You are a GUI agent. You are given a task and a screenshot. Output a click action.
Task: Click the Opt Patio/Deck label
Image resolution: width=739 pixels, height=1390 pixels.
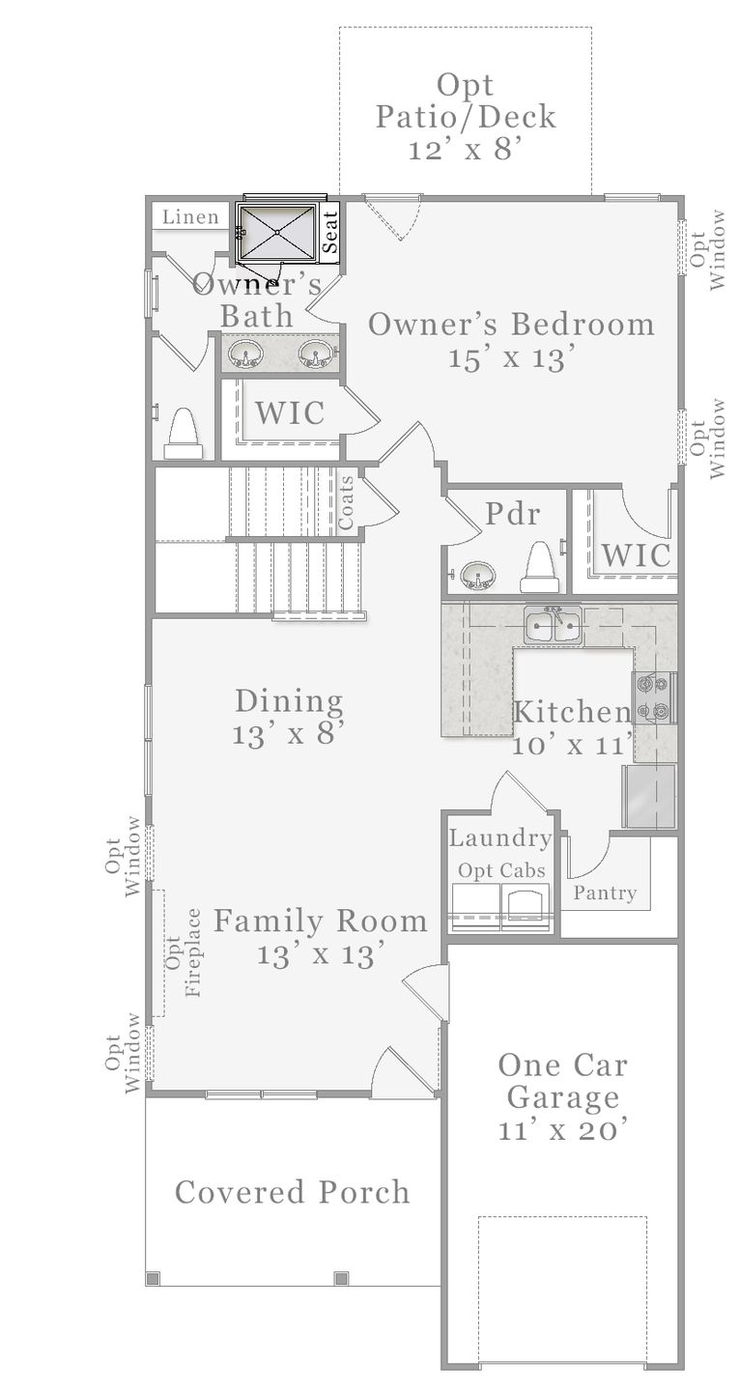[x=466, y=117]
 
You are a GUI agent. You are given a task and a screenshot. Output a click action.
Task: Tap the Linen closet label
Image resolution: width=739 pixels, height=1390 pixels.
[x=190, y=216]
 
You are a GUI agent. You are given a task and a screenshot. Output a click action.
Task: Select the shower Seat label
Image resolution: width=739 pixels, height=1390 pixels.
[x=330, y=232]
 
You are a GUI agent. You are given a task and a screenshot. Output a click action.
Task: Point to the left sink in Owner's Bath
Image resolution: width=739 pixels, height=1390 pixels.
[x=246, y=355]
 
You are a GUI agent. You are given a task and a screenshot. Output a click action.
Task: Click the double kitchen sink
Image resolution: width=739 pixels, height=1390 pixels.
[x=553, y=626]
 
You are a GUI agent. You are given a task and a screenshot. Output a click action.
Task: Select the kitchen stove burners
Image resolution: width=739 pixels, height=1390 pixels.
[x=654, y=697]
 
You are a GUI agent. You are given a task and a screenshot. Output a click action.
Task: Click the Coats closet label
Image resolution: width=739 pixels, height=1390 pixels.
[x=346, y=502]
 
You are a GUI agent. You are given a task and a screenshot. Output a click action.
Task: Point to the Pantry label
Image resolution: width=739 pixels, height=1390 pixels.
[x=605, y=893]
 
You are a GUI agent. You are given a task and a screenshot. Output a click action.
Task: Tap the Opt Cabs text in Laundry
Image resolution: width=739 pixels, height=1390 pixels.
[x=501, y=870]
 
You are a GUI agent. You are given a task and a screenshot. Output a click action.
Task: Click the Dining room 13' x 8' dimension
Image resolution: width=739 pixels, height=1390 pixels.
[x=288, y=734]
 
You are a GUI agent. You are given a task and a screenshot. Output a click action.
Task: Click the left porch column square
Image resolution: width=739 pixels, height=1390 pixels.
[x=153, y=1278]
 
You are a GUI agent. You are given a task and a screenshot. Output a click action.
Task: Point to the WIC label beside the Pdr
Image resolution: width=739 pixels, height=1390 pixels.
[x=637, y=554]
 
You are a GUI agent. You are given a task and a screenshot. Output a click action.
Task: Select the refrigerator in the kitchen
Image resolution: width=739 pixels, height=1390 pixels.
[x=648, y=797]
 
